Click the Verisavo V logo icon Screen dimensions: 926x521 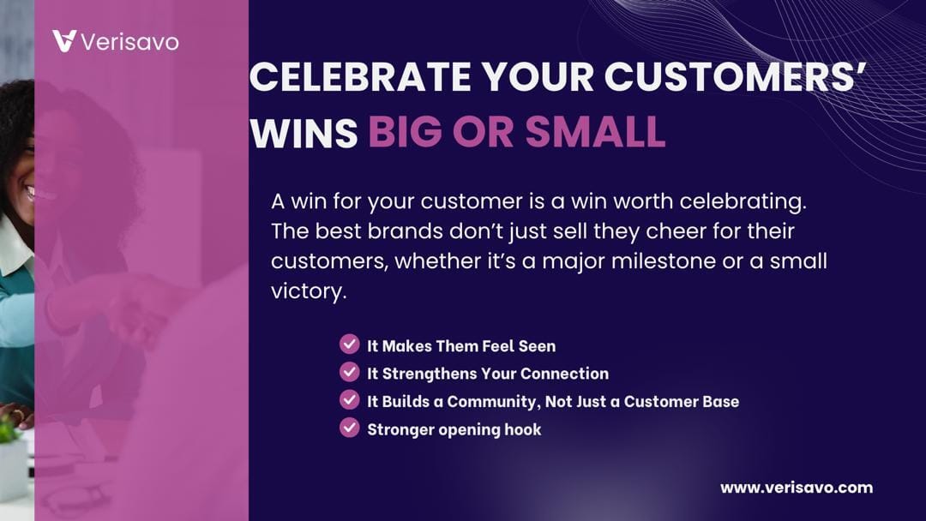click(x=64, y=41)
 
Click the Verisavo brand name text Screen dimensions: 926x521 click(x=129, y=42)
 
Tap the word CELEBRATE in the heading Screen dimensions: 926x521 click(x=360, y=77)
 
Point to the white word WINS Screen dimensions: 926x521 click(x=304, y=132)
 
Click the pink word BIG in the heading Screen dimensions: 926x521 click(x=405, y=131)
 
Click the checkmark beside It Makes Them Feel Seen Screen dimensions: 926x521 click(x=350, y=344)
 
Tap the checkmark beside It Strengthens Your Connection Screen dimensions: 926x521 click(x=350, y=372)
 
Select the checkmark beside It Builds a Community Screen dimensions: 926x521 click(x=350, y=399)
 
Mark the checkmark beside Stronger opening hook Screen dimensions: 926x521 click(x=350, y=428)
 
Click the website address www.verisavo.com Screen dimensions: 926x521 click(x=796, y=488)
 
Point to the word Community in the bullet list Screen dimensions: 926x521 click(x=492, y=402)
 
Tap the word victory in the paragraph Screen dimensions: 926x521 click(x=309, y=291)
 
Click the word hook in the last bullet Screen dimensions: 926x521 click(x=523, y=429)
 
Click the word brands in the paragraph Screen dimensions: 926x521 click(x=405, y=231)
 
